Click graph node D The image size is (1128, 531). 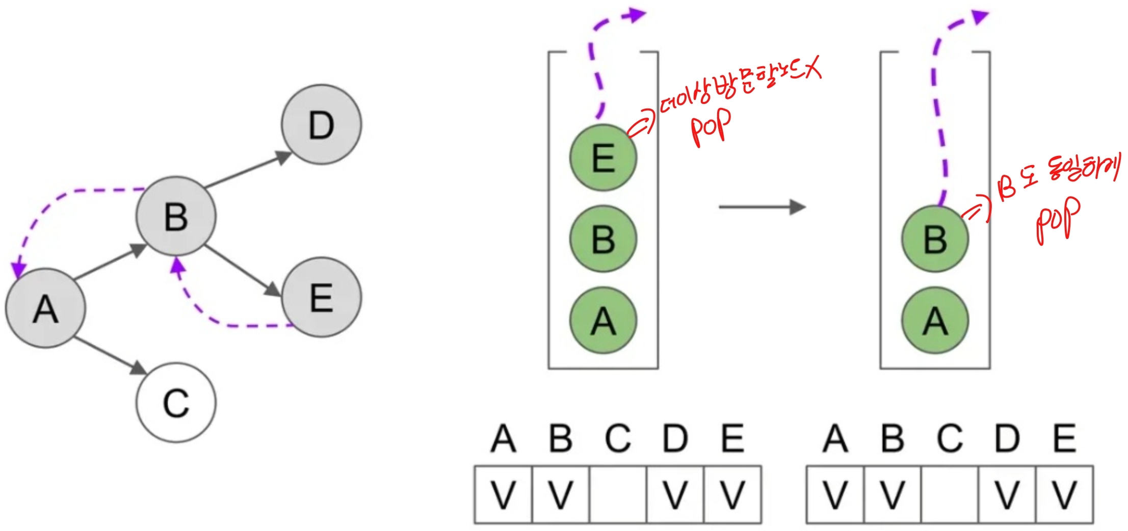click(x=321, y=125)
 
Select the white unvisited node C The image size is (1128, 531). click(x=176, y=403)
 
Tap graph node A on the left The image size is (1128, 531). click(x=45, y=308)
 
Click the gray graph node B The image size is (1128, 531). click(x=176, y=216)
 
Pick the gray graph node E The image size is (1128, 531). click(x=321, y=297)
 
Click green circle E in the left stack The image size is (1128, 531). click(x=603, y=158)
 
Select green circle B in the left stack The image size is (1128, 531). click(x=603, y=238)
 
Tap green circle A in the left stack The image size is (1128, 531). click(x=603, y=321)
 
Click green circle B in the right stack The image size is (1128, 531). click(x=935, y=238)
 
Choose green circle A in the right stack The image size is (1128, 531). click(x=935, y=321)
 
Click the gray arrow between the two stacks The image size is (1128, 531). click(x=762, y=207)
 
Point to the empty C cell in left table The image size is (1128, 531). click(x=618, y=494)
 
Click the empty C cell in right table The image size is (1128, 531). click(x=950, y=494)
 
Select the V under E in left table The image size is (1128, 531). click(x=732, y=494)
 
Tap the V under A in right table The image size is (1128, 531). click(x=835, y=494)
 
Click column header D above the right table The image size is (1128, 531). click(x=1007, y=438)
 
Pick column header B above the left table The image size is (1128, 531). click(x=560, y=438)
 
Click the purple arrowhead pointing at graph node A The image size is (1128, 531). click(x=19, y=269)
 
